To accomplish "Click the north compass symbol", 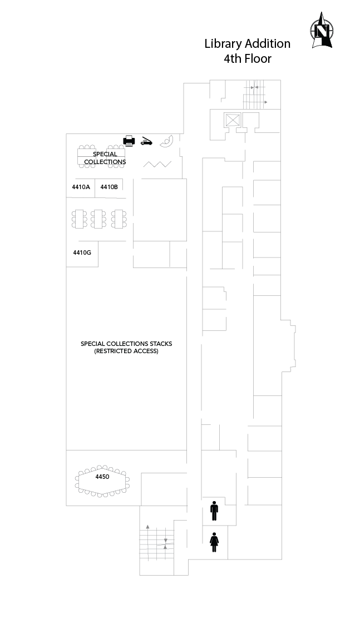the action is [x=322, y=31].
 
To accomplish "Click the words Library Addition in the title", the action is [x=248, y=44].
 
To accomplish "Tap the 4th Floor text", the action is [x=248, y=59].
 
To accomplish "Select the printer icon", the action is [x=130, y=141].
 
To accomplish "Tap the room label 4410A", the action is [x=81, y=187].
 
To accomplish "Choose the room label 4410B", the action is [x=109, y=187].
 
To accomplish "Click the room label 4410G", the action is [x=82, y=252].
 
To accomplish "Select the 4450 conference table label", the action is [x=102, y=477].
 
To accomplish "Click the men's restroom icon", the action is [x=214, y=511].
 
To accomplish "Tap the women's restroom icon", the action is [x=214, y=542].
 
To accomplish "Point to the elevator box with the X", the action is [x=232, y=120].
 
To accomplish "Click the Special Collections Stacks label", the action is [x=126, y=344].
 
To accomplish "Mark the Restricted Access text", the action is [x=126, y=351].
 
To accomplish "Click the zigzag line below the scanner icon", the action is [x=157, y=164].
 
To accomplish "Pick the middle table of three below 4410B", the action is [x=98, y=219].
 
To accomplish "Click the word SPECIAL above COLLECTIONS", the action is [x=105, y=154].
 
